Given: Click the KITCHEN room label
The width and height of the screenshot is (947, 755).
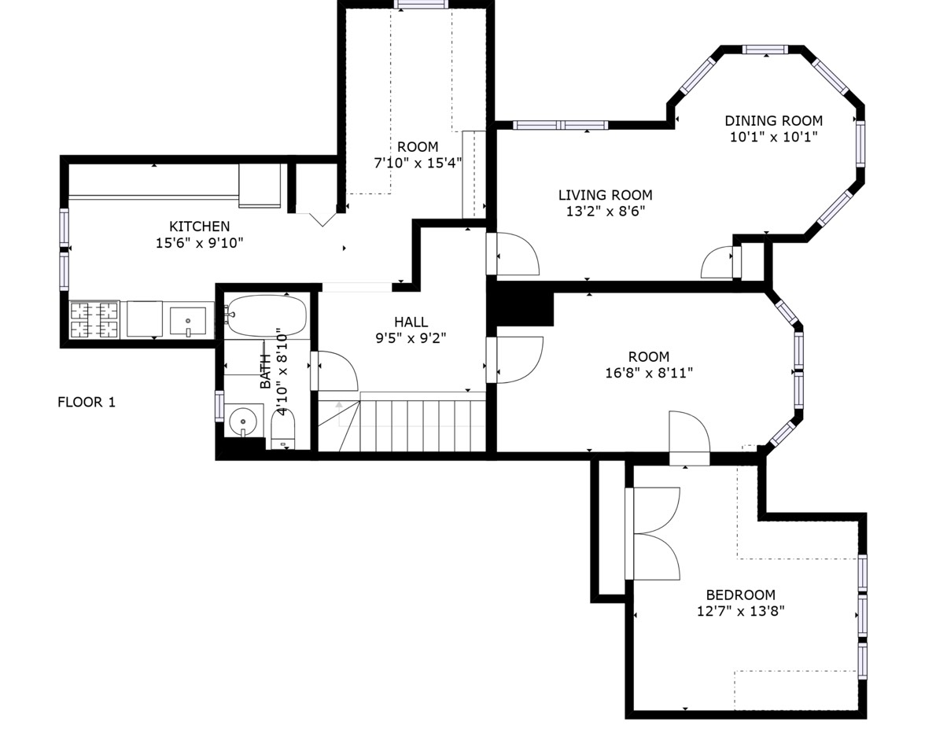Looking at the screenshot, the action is pos(199,226).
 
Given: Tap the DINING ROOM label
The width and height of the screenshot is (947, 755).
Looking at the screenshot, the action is pos(774,121).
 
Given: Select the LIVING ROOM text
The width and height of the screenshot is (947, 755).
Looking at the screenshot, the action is pos(606,195).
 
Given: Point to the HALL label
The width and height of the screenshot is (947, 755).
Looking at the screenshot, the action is pos(411,322).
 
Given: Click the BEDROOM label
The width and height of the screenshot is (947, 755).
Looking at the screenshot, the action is pos(741,595).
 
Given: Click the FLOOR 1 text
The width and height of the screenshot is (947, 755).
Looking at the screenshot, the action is pos(87,402).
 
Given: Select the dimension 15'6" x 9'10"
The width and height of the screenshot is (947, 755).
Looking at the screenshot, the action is pos(199,243).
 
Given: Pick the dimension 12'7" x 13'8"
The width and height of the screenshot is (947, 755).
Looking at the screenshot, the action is pos(741,611).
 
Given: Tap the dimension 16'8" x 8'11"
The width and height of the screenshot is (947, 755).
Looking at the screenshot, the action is pos(649,373).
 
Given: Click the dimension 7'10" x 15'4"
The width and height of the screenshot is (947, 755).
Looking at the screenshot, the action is pos(418,164).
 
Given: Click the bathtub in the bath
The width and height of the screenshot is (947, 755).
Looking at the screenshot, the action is pos(267,315).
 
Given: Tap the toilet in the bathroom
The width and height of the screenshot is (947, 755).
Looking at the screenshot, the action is pos(282,429).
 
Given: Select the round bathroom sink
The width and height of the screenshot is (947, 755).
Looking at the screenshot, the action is pos(243,421).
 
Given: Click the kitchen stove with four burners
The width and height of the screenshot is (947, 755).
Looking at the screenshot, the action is pos(94,320).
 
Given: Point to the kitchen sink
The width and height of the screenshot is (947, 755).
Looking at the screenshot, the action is pos(188,322).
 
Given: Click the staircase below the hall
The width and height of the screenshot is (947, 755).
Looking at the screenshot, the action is pos(402,422).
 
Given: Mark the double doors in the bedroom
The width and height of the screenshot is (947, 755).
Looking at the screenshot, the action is pos(653,533).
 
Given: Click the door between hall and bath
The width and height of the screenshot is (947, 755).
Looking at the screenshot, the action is pos(334,371).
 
